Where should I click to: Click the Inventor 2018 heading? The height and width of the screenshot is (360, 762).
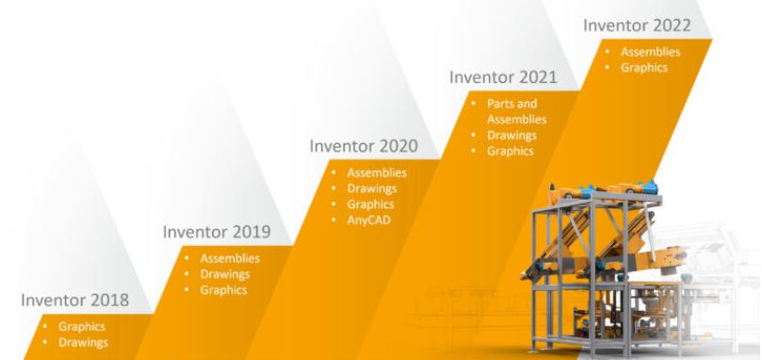(76, 303)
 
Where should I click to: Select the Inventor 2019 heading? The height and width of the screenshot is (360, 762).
(217, 231)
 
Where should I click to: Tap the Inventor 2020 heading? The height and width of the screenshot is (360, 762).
(364, 147)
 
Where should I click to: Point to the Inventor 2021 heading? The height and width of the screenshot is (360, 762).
(504, 76)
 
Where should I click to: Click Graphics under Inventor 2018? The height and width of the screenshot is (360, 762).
(81, 327)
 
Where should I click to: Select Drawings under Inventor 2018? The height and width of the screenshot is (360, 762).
(82, 342)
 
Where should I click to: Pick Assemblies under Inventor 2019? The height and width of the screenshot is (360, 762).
(230, 258)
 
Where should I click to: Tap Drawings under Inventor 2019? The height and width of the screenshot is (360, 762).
(224, 274)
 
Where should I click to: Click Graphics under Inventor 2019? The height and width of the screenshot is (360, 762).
(222, 290)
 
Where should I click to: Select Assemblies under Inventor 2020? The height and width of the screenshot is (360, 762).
(377, 173)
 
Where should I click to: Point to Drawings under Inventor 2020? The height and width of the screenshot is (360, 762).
(371, 189)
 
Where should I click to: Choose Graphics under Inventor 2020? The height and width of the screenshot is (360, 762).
(369, 205)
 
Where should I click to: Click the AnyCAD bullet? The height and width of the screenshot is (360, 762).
(367, 220)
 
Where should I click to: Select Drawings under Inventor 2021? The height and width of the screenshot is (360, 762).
(511, 136)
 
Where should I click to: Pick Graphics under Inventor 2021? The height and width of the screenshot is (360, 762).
(510, 151)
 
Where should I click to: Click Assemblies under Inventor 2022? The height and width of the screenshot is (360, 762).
(651, 52)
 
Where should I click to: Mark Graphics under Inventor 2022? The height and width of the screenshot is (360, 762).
(644, 67)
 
